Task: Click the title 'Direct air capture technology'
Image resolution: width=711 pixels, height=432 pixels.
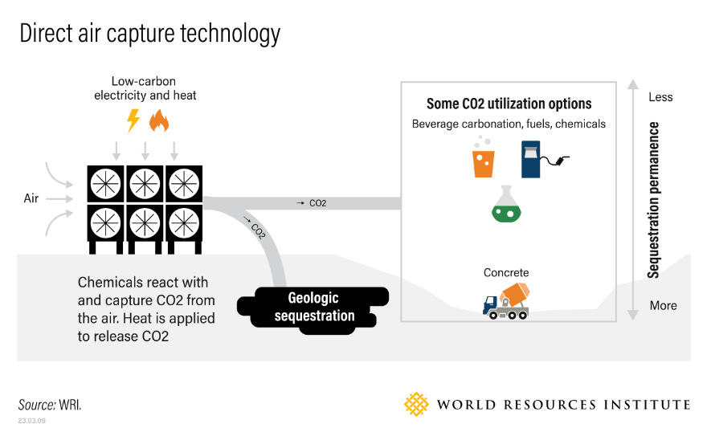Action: pyautogui.click(x=149, y=34)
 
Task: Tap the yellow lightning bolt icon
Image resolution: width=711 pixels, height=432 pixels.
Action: pyautogui.click(x=133, y=120)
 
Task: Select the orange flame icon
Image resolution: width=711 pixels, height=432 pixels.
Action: pyautogui.click(x=158, y=121)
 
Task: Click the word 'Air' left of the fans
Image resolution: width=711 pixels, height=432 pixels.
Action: pyautogui.click(x=31, y=198)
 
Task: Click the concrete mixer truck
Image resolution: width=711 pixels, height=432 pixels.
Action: pyautogui.click(x=506, y=301)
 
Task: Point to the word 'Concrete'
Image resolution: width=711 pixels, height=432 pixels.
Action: pyautogui.click(x=506, y=273)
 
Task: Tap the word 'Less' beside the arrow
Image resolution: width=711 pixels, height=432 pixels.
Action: pyautogui.click(x=660, y=97)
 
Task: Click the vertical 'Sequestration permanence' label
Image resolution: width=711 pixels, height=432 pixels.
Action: pyautogui.click(x=654, y=200)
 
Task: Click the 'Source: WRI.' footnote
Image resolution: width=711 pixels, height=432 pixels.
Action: pyautogui.click(x=50, y=404)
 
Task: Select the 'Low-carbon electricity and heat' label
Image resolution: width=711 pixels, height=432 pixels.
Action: pyautogui.click(x=145, y=88)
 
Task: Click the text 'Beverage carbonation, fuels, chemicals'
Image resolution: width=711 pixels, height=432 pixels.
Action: pyautogui.click(x=509, y=124)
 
